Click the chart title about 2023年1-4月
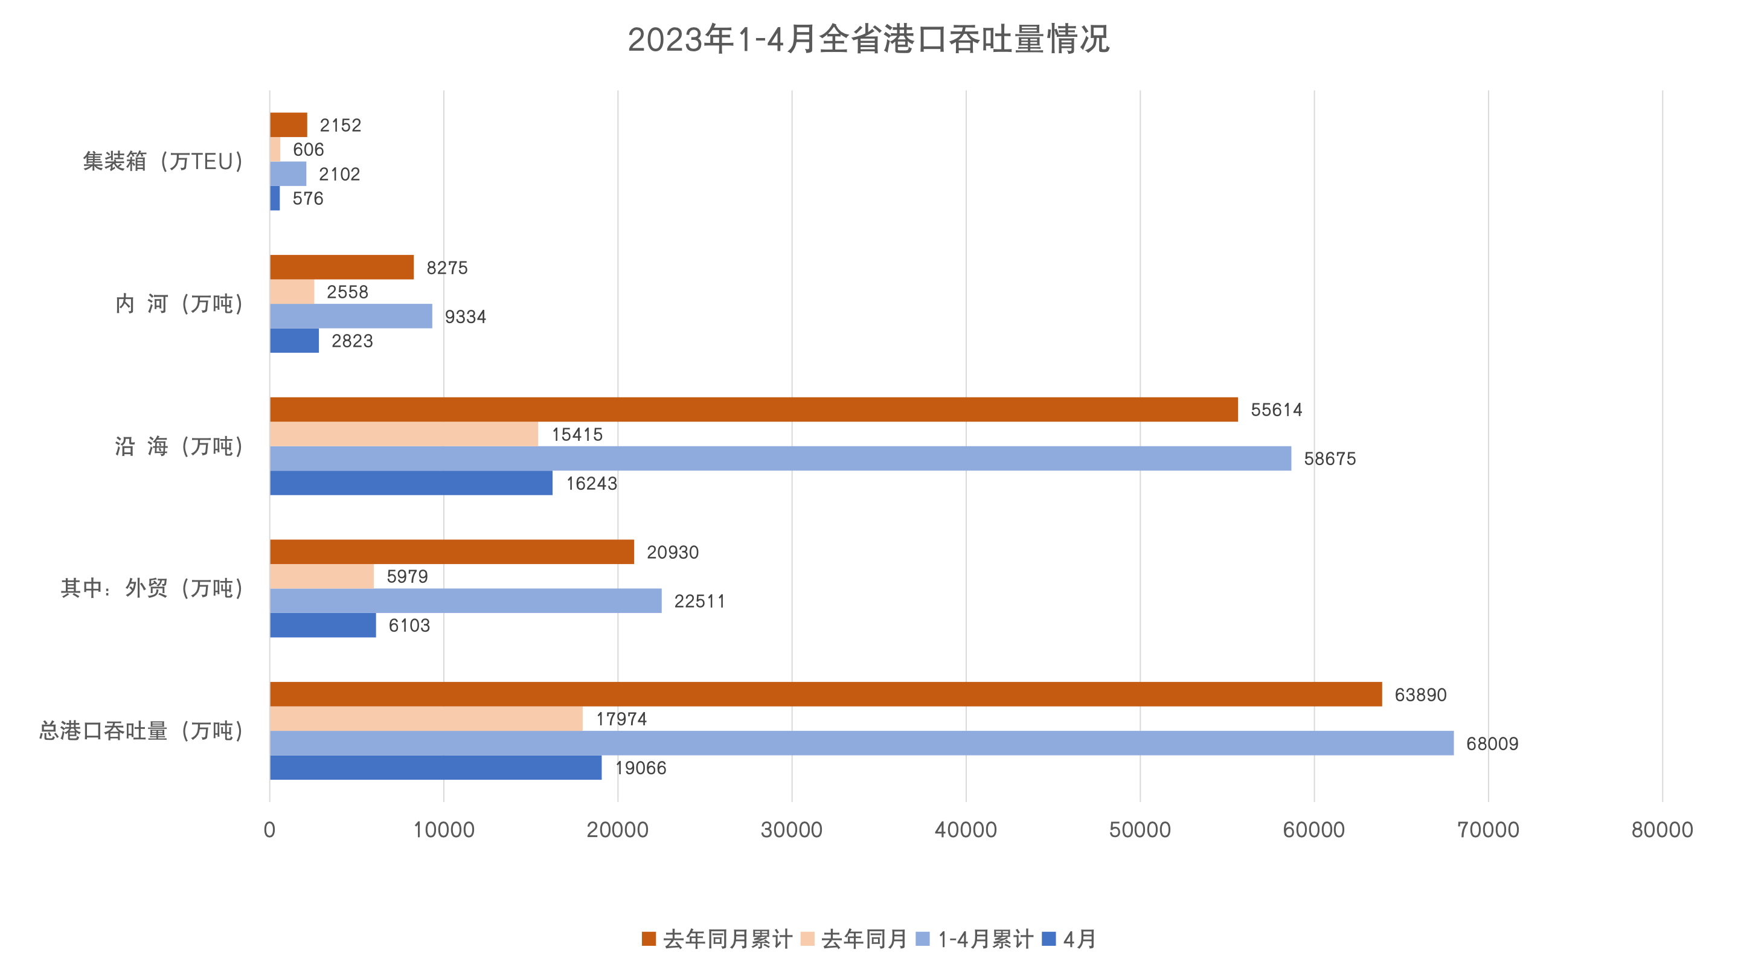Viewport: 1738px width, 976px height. point(868,39)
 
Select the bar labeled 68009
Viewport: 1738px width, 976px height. point(861,743)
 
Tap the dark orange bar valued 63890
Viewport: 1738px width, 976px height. point(825,694)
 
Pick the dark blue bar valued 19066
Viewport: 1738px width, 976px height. point(435,768)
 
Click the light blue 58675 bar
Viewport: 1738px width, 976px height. point(780,458)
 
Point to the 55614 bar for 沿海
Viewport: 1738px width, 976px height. point(754,409)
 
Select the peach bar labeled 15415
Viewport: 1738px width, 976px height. point(403,434)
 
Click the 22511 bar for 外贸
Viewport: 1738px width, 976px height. point(466,601)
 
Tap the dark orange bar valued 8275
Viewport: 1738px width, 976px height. point(341,268)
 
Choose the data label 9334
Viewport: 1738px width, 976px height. point(466,316)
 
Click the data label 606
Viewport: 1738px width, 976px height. point(309,149)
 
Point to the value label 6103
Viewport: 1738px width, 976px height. point(409,625)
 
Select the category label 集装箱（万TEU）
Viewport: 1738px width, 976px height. point(162,161)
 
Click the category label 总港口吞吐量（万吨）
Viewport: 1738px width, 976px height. point(141,730)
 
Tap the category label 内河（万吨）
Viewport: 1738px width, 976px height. point(179,304)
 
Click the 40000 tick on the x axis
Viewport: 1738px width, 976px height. point(966,829)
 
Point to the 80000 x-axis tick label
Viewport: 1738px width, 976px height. point(1662,829)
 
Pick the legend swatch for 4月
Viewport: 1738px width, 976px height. point(1048,939)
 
